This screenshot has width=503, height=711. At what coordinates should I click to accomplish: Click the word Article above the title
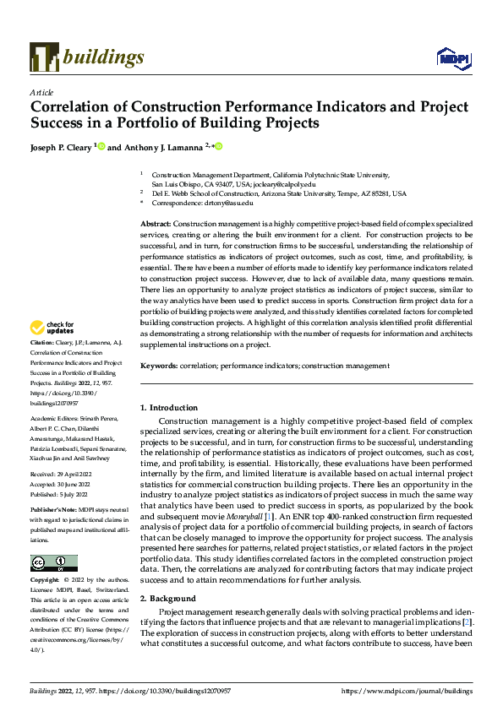pos(41,91)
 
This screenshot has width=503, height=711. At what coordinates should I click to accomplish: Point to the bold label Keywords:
pos(158,366)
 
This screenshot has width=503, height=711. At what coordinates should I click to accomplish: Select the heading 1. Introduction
pos(169,408)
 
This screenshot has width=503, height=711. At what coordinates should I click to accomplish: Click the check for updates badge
pos(52,327)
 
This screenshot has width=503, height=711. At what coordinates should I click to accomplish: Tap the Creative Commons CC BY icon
pos(53,539)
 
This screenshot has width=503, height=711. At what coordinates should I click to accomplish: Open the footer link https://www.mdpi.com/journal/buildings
pos(406,691)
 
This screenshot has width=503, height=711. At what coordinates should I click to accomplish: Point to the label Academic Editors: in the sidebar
pos(56,418)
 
